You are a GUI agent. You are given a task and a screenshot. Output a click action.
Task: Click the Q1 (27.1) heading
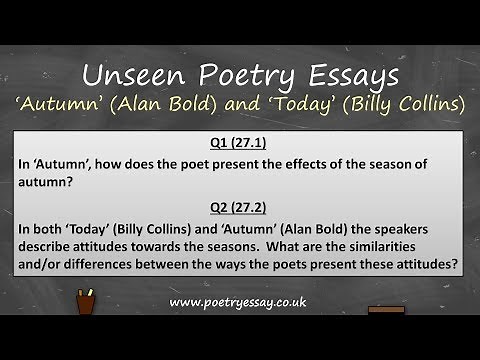pos(240,141)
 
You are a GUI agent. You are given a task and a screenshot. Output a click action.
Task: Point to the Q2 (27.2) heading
pos(240,207)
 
